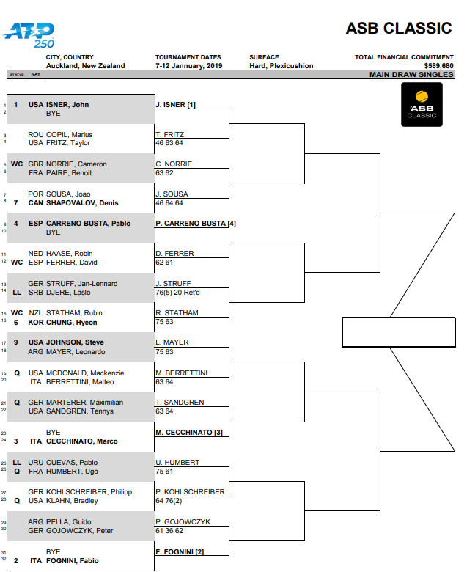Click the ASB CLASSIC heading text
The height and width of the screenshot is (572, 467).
click(x=399, y=29)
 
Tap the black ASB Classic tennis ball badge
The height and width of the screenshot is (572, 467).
click(x=422, y=104)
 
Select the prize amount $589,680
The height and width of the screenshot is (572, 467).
click(x=438, y=66)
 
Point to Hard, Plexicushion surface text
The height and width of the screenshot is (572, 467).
click(x=281, y=66)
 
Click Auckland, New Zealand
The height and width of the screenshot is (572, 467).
click(x=85, y=66)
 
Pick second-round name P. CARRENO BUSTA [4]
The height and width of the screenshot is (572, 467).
click(x=196, y=223)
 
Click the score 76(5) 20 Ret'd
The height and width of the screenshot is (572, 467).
click(x=183, y=292)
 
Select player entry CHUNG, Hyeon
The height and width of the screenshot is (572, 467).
click(x=71, y=323)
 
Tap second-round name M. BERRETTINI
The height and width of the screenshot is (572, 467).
click(x=181, y=373)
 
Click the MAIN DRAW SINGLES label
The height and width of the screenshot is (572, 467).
click(x=411, y=74)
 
